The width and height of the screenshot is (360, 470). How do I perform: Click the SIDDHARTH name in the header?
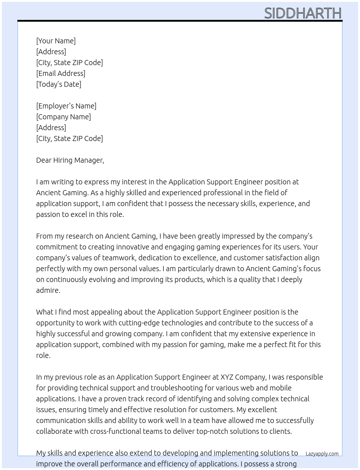coord(303,13)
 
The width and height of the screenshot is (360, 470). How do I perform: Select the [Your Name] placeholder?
coord(56,41)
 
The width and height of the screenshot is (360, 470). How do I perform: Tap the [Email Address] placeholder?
coord(61,73)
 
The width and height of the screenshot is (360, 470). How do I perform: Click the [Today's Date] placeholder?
coord(59,84)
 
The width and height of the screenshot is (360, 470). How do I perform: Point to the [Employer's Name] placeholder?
coord(66,106)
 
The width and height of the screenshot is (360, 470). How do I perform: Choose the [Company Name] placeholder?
coord(64,117)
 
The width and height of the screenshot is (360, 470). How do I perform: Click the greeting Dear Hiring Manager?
coord(70,160)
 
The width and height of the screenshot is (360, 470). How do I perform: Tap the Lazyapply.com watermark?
coord(322,454)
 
